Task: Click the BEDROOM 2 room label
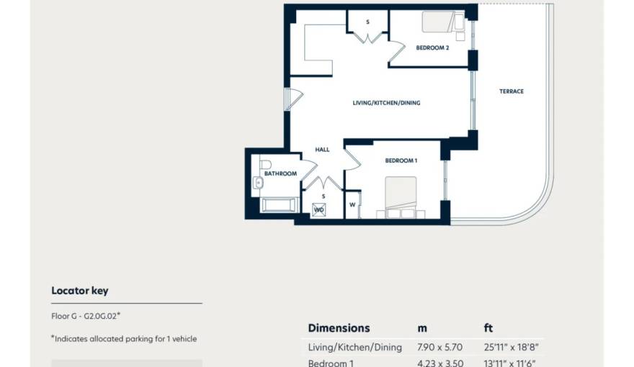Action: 432,48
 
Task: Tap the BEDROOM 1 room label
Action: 401,160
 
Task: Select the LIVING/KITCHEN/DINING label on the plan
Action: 386,103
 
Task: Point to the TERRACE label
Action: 512,91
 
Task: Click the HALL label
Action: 322,150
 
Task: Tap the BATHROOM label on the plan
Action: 280,173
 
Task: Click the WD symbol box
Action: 318,210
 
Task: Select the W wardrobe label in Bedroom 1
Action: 352,204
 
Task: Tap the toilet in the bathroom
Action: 265,165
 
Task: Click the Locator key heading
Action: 80,291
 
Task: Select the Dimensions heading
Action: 339,328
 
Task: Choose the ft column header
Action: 488,328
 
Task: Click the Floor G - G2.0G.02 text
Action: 86,316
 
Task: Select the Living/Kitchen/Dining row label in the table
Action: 354,348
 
